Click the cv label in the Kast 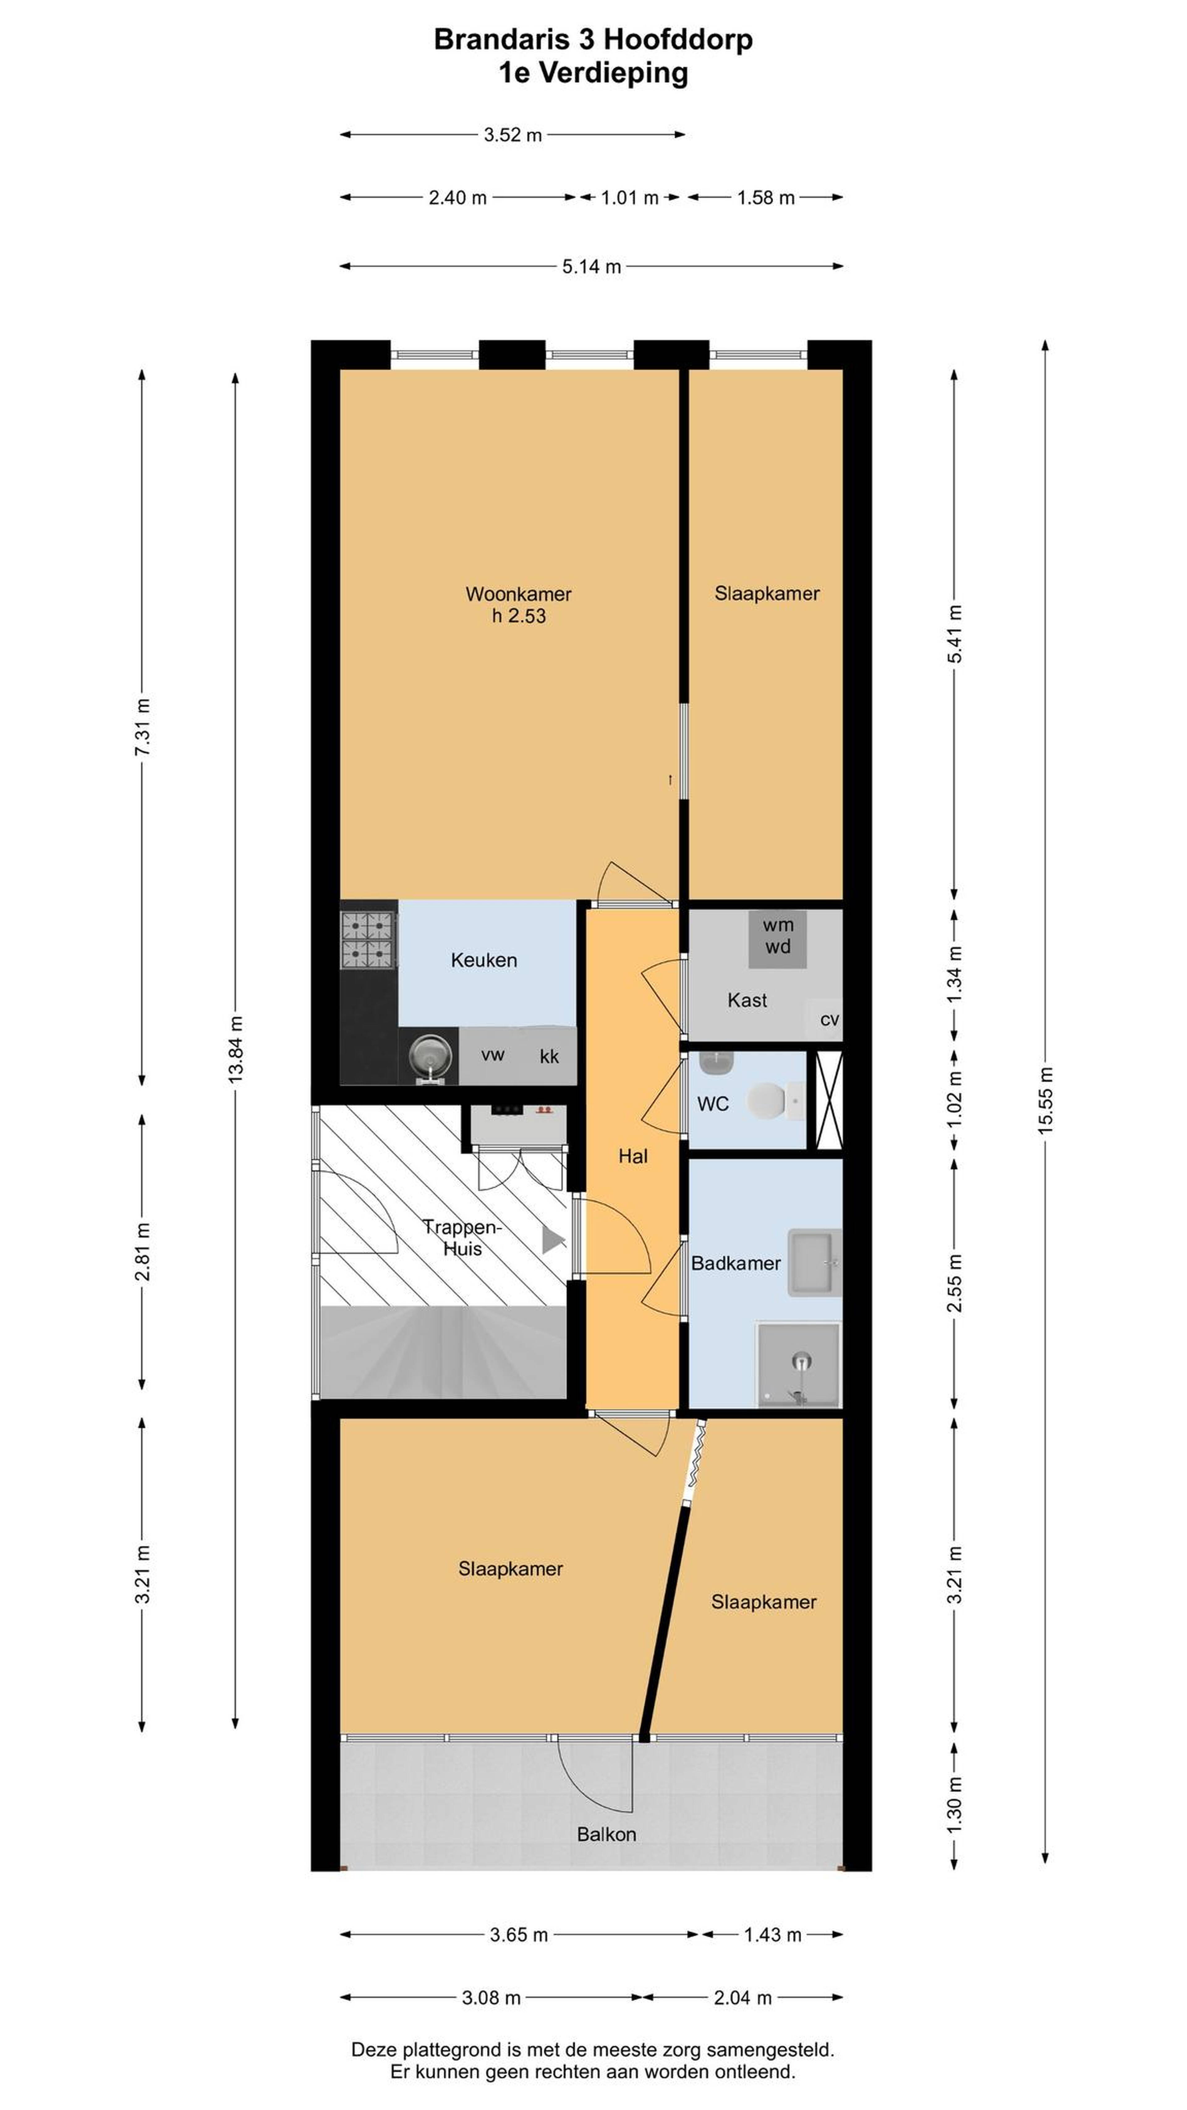coord(829,1020)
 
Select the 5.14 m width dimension coord(591,266)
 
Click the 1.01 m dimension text coord(630,198)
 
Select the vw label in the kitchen coord(492,1055)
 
